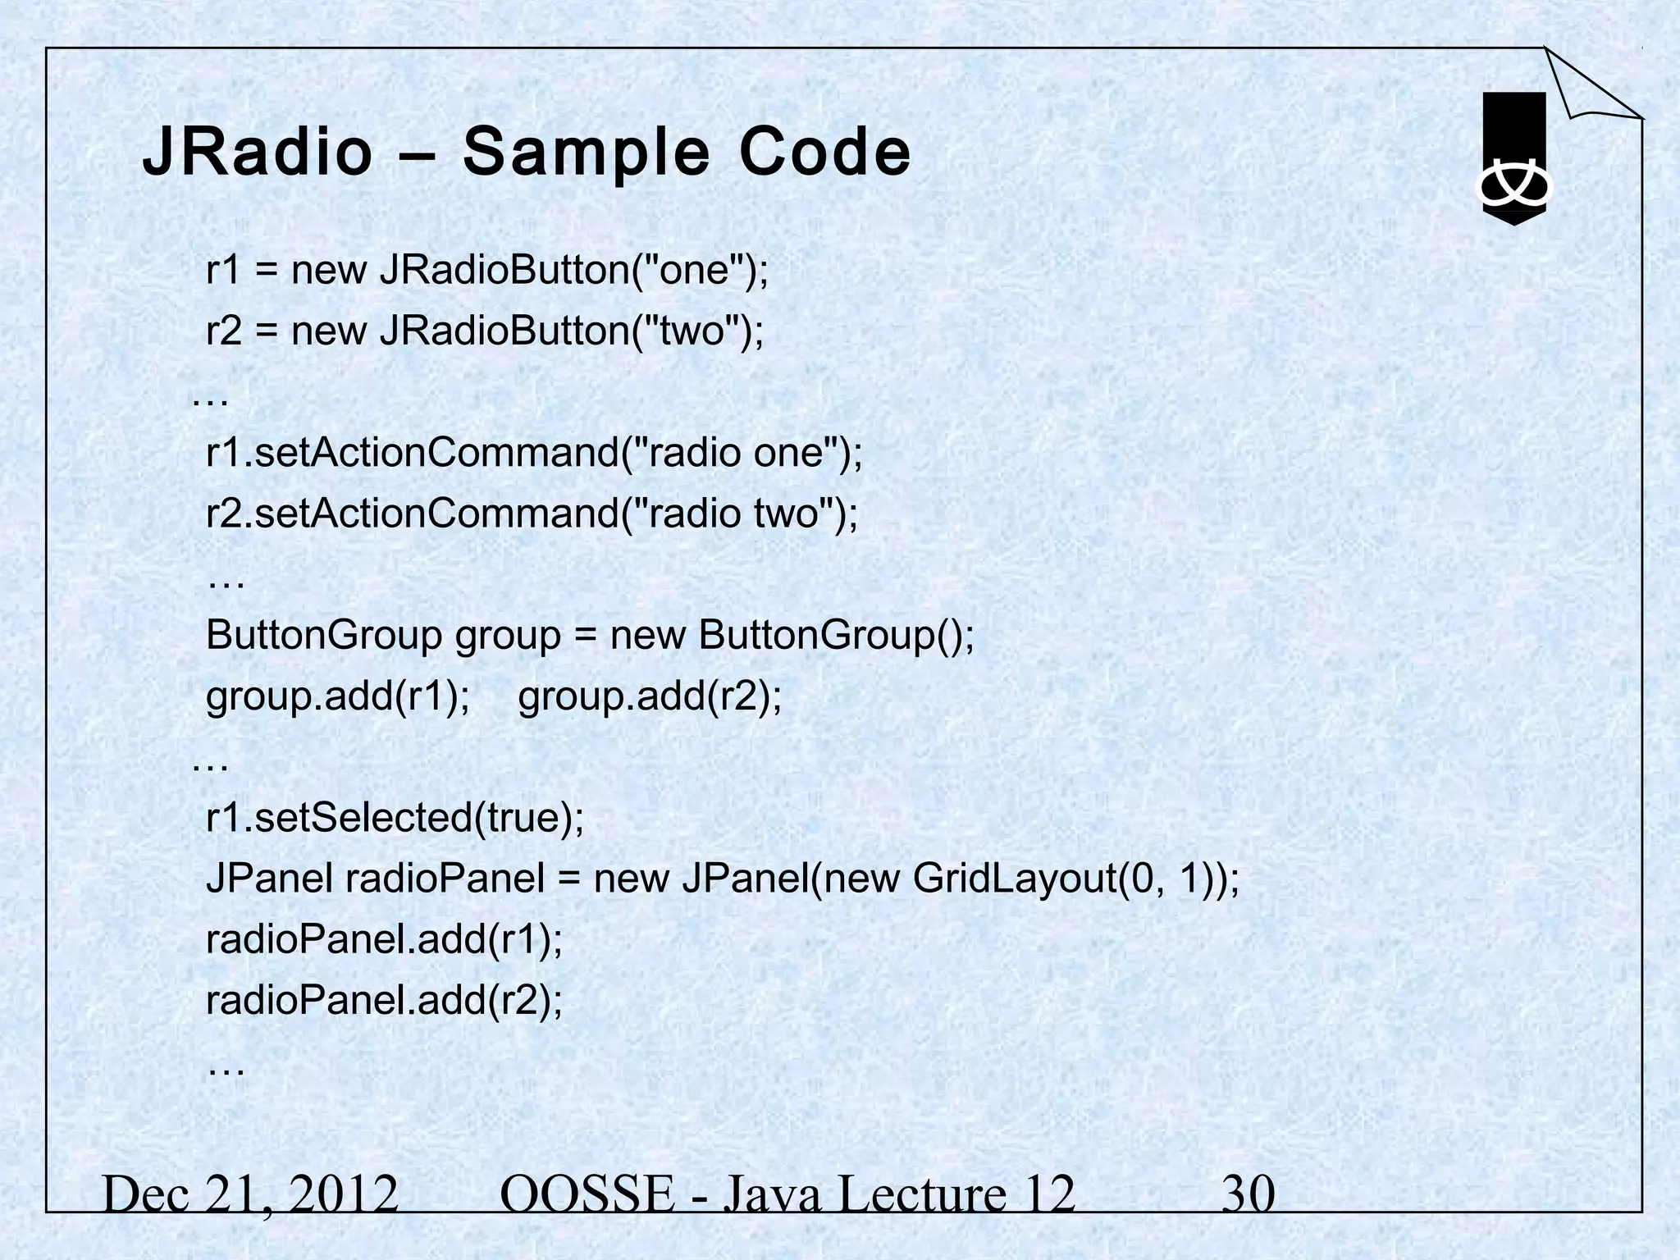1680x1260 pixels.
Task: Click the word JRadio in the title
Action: (x=257, y=153)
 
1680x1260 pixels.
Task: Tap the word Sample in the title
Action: (x=585, y=153)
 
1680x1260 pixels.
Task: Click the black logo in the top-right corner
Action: (x=1513, y=159)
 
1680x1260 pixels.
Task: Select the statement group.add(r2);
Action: (x=650, y=696)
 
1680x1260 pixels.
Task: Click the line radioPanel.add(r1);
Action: (x=384, y=939)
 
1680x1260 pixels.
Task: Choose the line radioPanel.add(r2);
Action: (x=384, y=1000)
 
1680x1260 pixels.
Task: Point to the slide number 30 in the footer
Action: (x=1248, y=1194)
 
